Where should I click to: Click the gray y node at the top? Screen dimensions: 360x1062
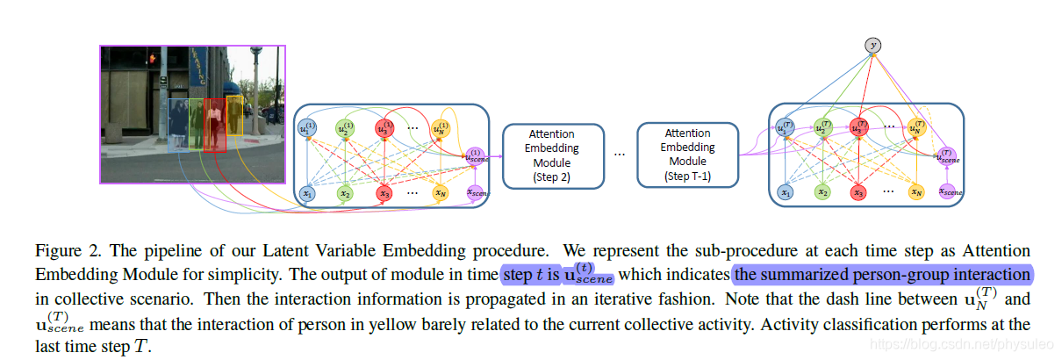click(x=872, y=44)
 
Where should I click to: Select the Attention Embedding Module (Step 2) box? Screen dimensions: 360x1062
click(x=552, y=155)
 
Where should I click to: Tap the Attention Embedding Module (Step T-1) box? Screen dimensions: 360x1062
click(x=687, y=155)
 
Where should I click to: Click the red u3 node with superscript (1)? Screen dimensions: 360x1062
click(x=384, y=129)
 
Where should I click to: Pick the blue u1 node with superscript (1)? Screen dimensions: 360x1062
click(x=306, y=129)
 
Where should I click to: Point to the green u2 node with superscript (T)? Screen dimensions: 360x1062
click(x=822, y=128)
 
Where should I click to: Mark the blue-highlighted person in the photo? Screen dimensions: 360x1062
click(x=179, y=127)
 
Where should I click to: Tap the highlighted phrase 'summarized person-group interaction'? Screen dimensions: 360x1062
click(x=882, y=274)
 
